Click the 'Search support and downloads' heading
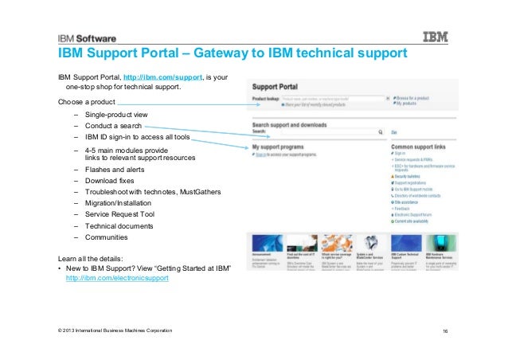click(x=295, y=126)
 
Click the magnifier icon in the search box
click(x=381, y=132)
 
